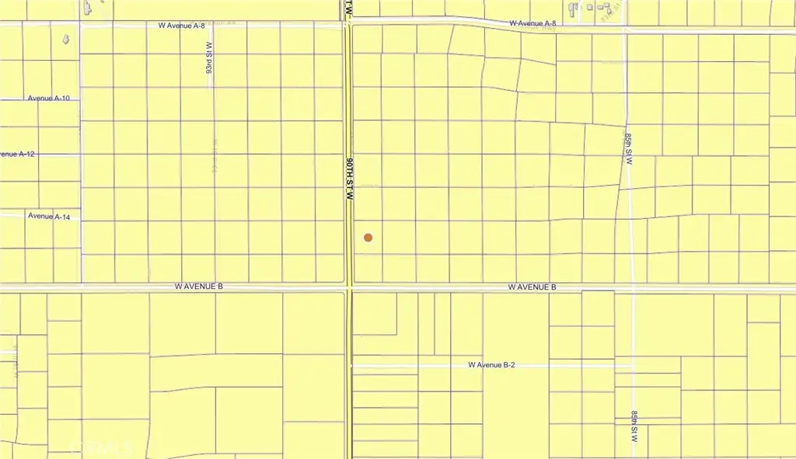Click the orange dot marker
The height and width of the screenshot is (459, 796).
click(368, 238)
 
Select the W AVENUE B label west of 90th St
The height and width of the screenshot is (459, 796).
click(199, 287)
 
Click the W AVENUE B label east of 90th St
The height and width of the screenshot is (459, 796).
click(532, 287)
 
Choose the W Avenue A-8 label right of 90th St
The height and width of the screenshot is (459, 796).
click(533, 24)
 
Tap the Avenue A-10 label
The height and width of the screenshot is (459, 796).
click(49, 99)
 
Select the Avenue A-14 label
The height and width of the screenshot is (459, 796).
click(49, 217)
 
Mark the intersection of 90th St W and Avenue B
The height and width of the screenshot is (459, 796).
click(350, 288)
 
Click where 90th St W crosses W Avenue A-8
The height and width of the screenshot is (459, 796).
click(348, 26)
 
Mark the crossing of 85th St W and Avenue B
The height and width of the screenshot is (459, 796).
click(634, 287)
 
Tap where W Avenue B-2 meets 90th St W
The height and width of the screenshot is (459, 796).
click(351, 365)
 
